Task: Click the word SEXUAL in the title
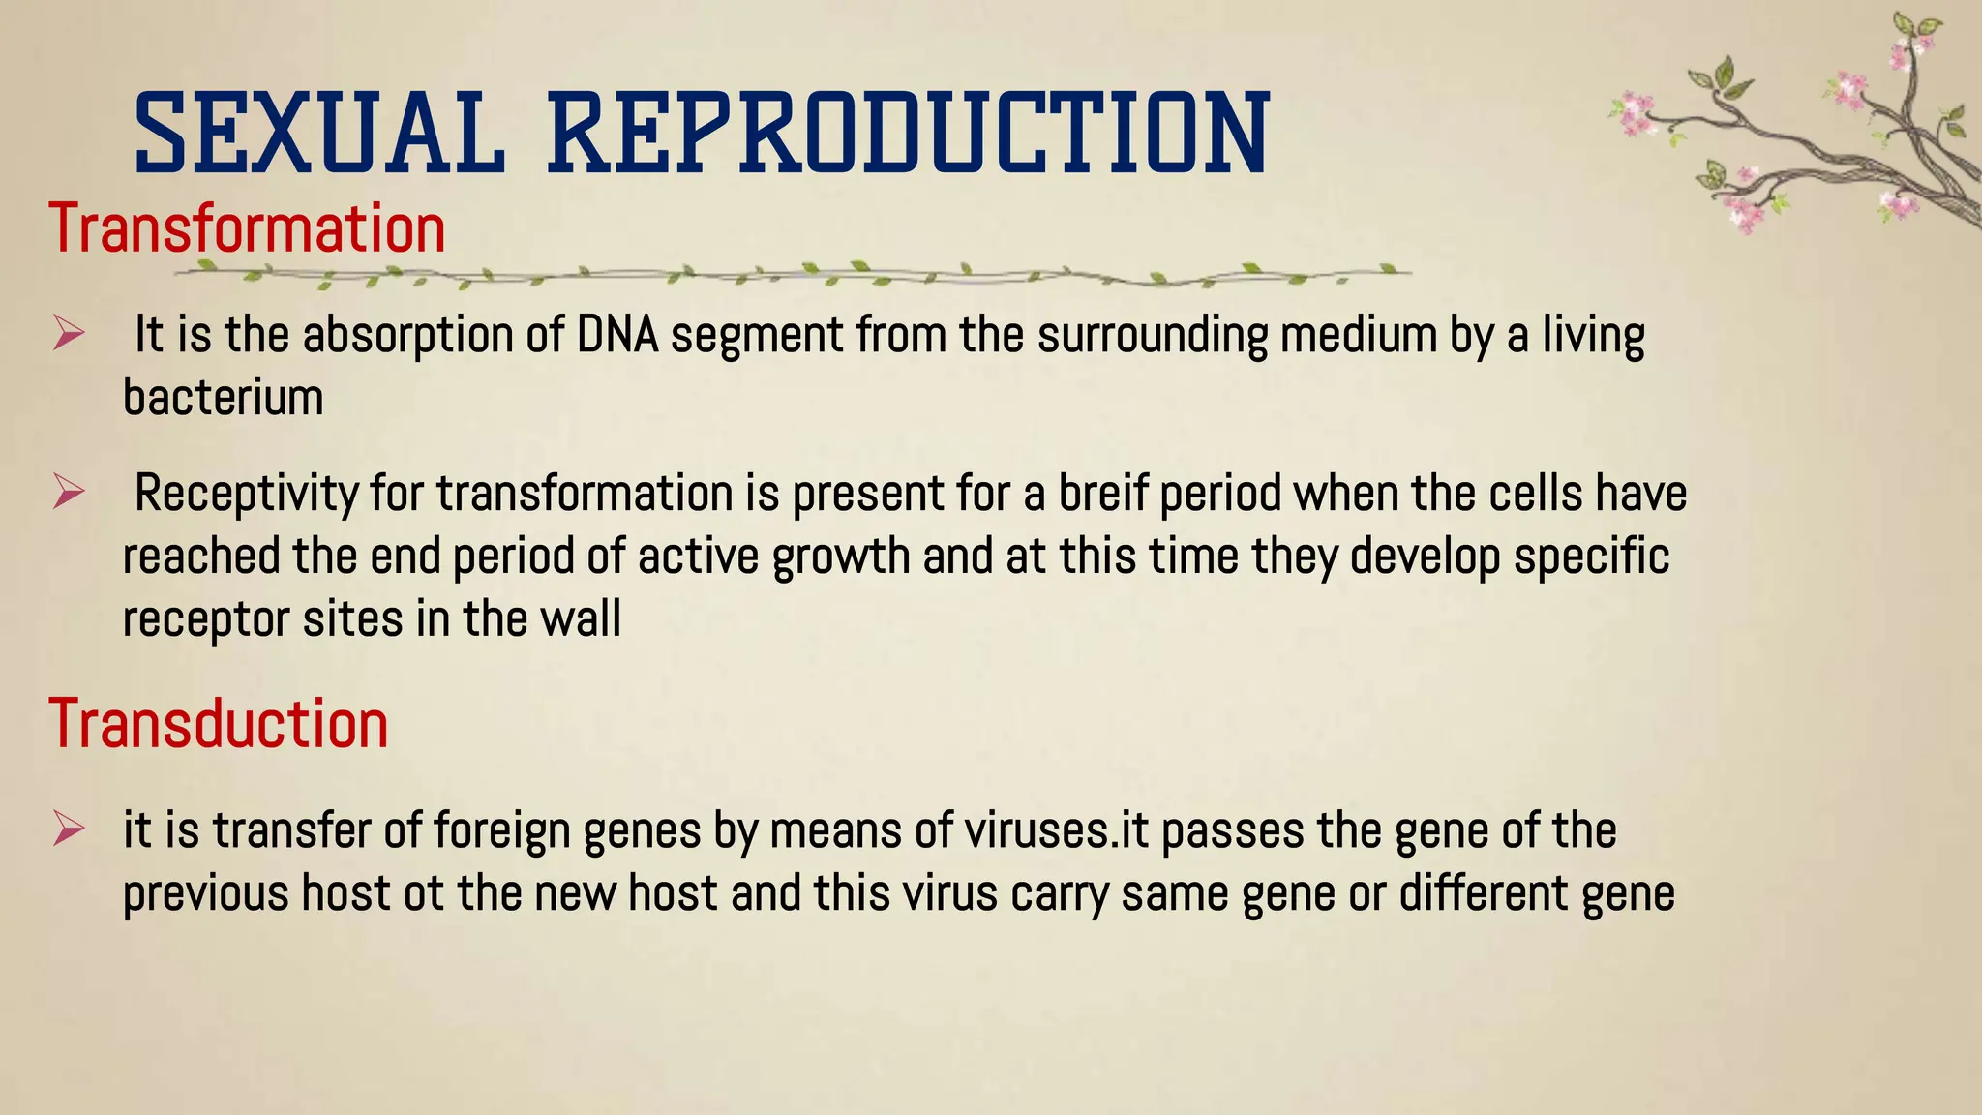point(319,134)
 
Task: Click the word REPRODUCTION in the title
point(908,134)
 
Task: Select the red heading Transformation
point(247,229)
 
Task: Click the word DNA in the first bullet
point(617,335)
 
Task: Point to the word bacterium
point(224,398)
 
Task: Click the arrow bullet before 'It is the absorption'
point(69,335)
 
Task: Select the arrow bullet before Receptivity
point(69,493)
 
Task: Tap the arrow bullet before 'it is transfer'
point(69,829)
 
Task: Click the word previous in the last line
point(205,893)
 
